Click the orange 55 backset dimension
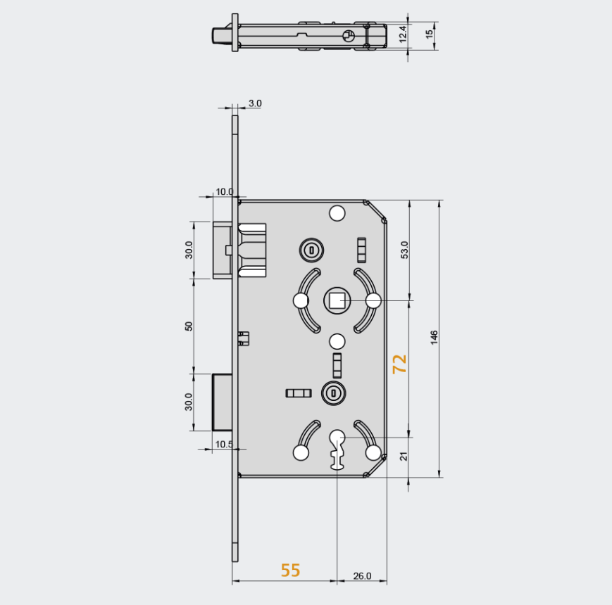tap(290, 570)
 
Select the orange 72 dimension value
tap(399, 364)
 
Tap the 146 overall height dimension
tap(434, 338)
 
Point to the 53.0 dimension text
tap(404, 250)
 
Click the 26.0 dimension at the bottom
tap(361, 576)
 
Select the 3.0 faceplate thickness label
tap(254, 103)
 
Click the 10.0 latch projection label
tap(225, 191)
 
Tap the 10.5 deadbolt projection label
tap(224, 444)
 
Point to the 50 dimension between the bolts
tap(189, 327)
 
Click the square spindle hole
tap(337, 301)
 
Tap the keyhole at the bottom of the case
tap(337, 447)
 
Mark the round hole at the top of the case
tap(337, 212)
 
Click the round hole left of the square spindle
tap(301, 301)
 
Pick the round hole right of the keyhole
tap(373, 452)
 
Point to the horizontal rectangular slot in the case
tap(298, 393)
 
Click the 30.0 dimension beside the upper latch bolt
tap(189, 250)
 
